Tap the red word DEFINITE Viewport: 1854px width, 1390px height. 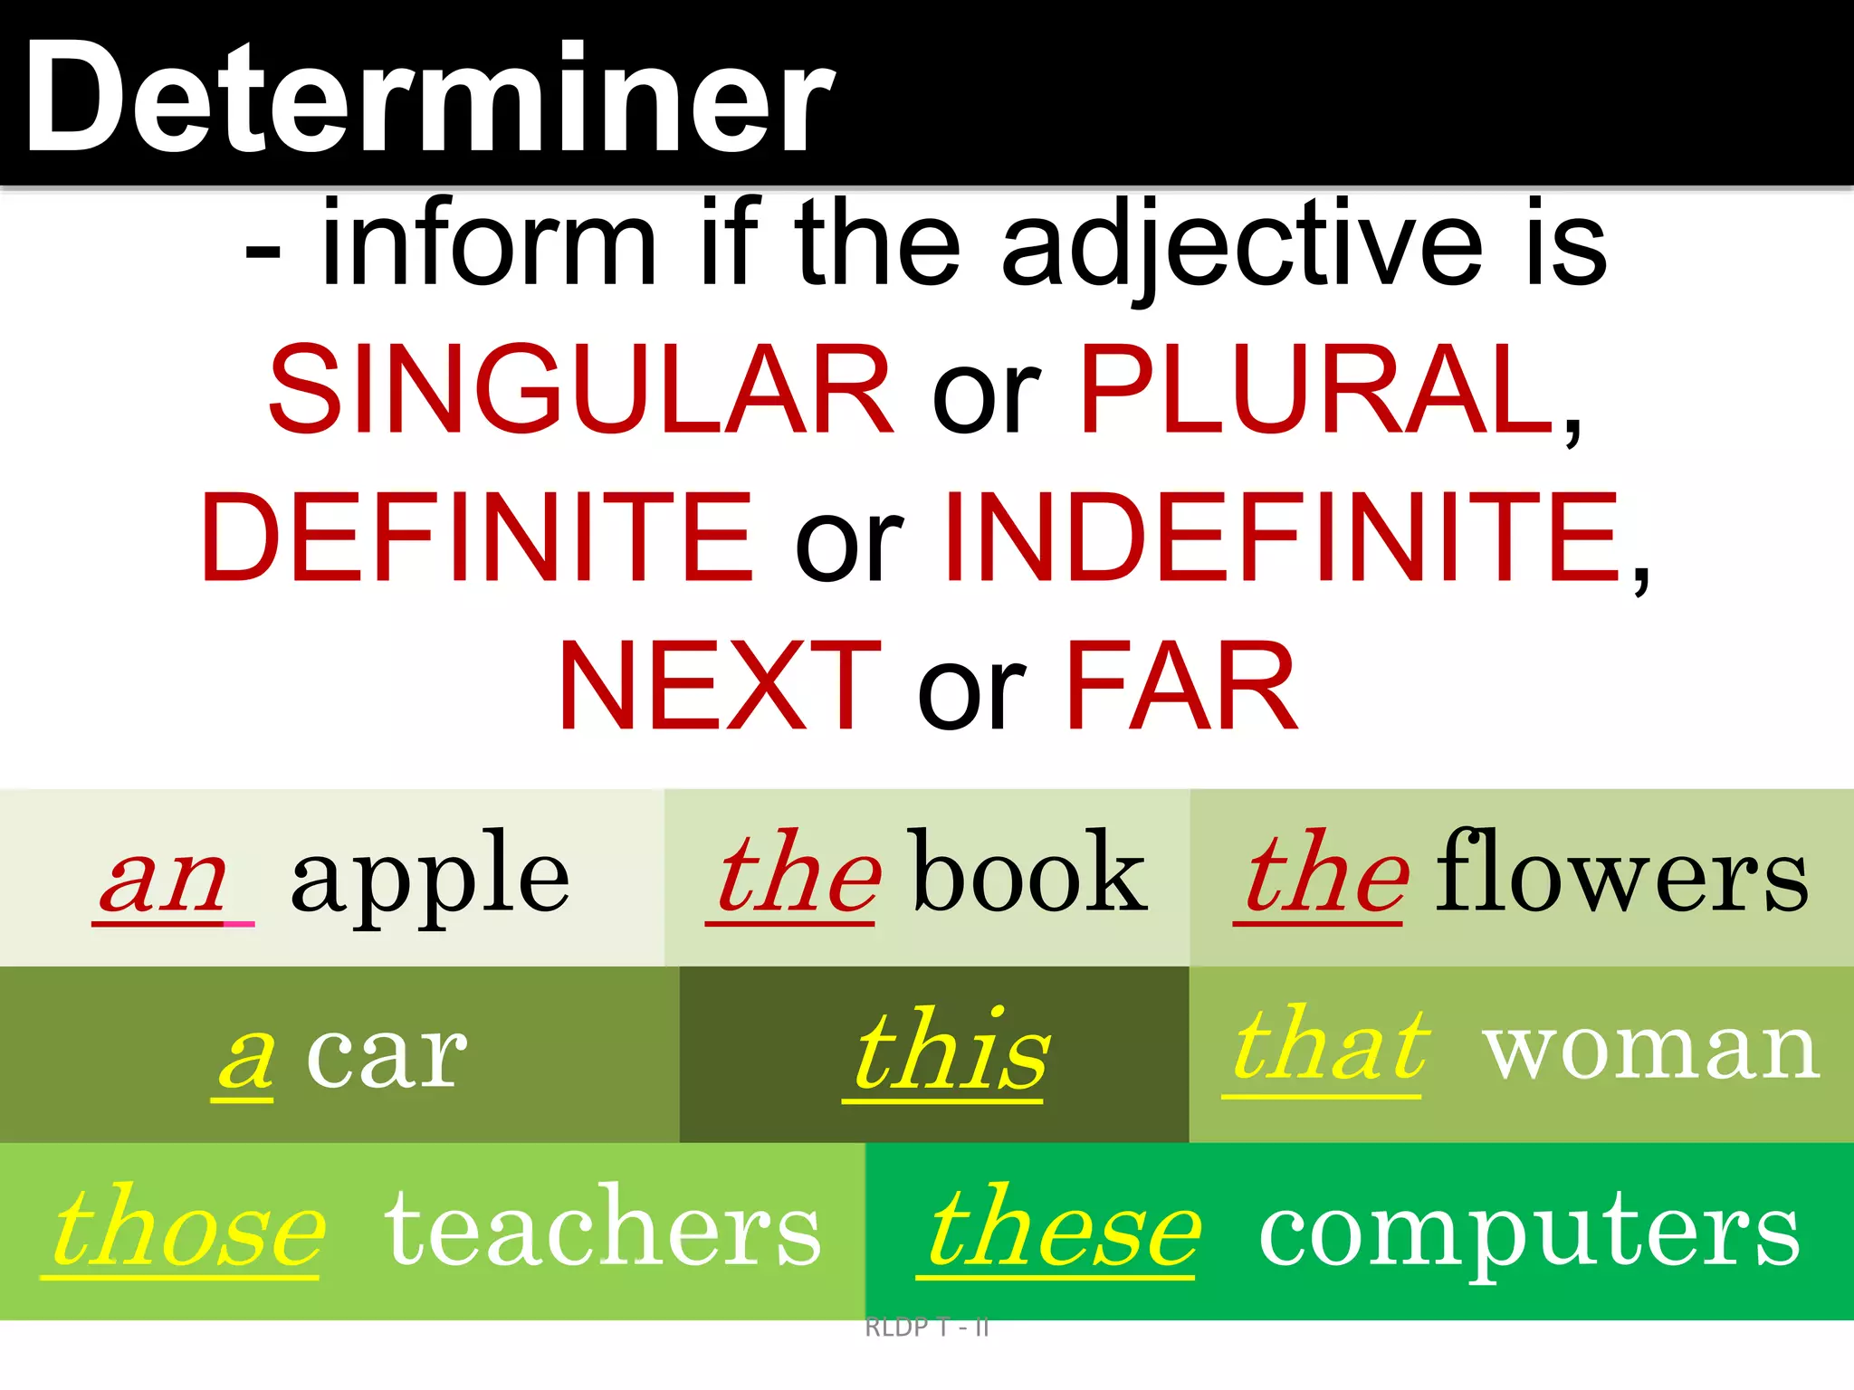click(x=477, y=538)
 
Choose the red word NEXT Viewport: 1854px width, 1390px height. click(x=720, y=685)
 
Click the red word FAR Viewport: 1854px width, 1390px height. click(x=1181, y=685)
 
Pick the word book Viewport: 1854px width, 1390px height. click(x=1030, y=873)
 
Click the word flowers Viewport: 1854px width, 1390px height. click(x=1622, y=873)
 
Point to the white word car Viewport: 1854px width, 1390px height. click(x=387, y=1057)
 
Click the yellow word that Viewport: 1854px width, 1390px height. click(x=1331, y=1047)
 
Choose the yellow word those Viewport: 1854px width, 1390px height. click(x=188, y=1229)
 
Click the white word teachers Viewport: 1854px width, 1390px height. click(x=603, y=1229)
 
